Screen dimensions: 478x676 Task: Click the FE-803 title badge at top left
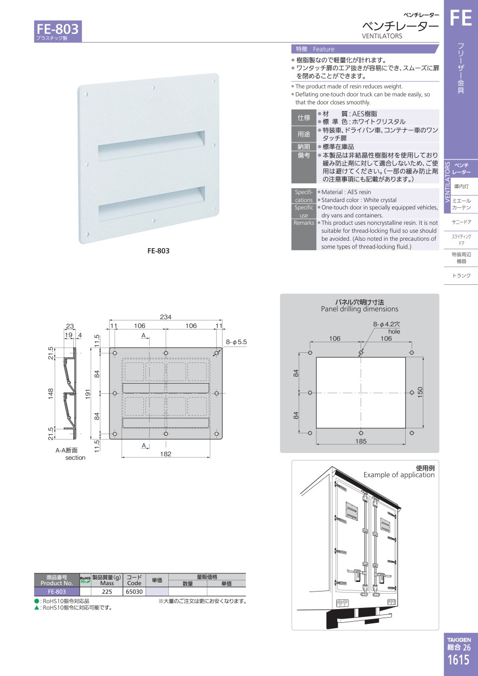pos(57,31)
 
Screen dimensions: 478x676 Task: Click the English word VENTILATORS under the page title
pos(382,36)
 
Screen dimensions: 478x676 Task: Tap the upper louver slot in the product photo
pos(151,146)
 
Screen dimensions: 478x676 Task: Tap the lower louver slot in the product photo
pos(151,204)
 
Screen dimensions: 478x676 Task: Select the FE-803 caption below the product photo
pos(158,251)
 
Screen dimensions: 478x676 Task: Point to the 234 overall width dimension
pos(166,317)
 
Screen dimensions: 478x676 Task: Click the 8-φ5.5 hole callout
pos(236,342)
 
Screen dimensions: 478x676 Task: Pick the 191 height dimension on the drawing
pos(88,394)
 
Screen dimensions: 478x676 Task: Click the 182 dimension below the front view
pos(166,454)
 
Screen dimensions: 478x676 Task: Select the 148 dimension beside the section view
pos(50,393)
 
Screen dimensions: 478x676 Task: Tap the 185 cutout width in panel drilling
pos(361,441)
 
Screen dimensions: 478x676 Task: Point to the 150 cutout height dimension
pos(420,392)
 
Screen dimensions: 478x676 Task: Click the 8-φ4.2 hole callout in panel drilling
pos(387,328)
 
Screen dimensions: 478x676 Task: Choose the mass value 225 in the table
pos(107,591)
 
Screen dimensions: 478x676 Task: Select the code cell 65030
pos(134,591)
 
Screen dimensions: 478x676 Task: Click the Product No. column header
pos(57,580)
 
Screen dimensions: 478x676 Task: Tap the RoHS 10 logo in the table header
pos(85,580)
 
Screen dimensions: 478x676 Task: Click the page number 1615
pos(459,660)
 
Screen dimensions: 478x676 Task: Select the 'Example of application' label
pos(399,475)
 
